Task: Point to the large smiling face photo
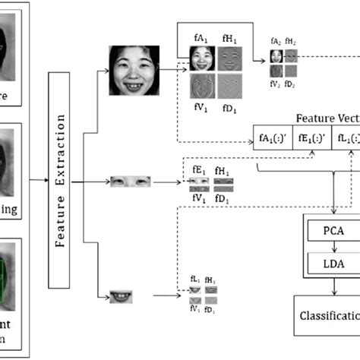134,70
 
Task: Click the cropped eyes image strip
127,182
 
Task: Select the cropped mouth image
119,296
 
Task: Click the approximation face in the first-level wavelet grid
201,58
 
